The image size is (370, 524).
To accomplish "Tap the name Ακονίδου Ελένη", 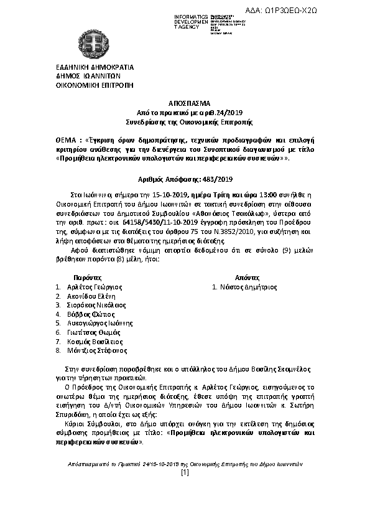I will click(91, 296).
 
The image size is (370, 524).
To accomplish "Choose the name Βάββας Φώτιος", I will click(86, 314).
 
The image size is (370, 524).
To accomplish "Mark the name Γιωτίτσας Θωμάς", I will click(92, 332).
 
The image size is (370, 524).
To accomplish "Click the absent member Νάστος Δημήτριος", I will click(247, 287).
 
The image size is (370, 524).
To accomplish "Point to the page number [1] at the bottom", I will click(185, 473).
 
